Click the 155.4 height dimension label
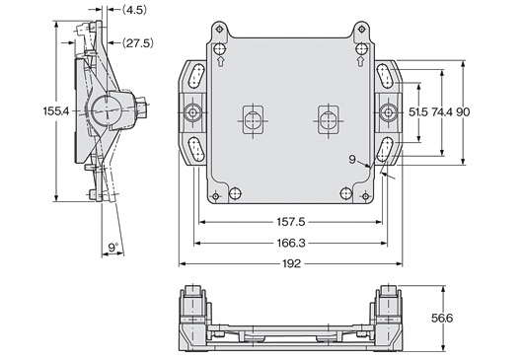pyautogui.click(x=56, y=111)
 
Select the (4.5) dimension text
pyautogui.click(x=134, y=10)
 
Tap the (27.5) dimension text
pyautogui.click(x=138, y=43)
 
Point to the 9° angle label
pyautogui.click(x=113, y=248)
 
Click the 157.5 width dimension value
pyautogui.click(x=291, y=222)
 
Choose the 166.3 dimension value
pyautogui.click(x=291, y=243)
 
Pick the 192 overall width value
pyautogui.click(x=291, y=263)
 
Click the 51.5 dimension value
pyautogui.click(x=418, y=112)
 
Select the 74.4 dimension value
pyautogui.click(x=442, y=112)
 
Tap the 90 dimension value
pyautogui.click(x=463, y=112)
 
